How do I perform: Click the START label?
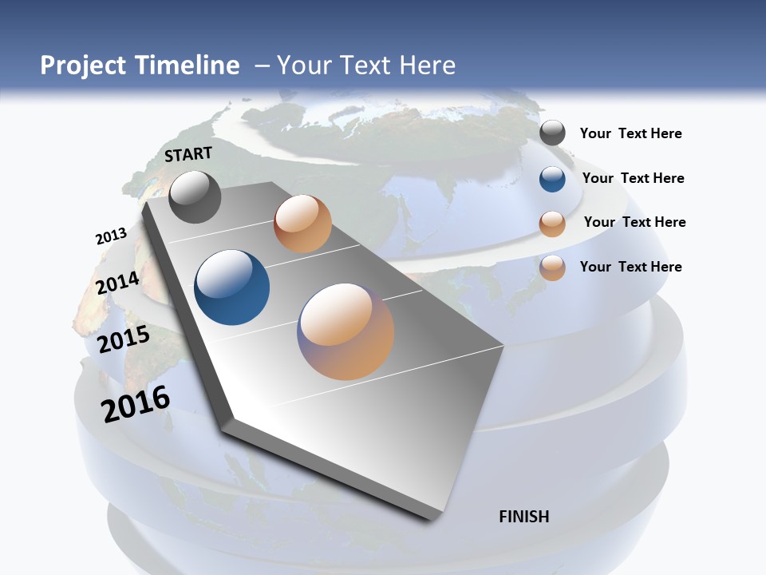(188, 154)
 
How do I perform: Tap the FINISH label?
(524, 517)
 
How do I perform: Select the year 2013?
(111, 236)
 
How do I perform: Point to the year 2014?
(117, 283)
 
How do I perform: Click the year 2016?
(136, 404)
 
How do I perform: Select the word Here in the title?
(424, 65)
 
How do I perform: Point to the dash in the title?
(261, 66)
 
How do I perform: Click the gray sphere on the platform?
(195, 196)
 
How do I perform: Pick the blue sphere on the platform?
(232, 287)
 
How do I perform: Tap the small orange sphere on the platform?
(302, 224)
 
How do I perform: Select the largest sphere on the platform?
(345, 331)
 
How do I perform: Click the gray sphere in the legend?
(552, 133)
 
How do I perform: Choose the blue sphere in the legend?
(552, 179)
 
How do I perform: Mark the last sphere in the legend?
(552, 268)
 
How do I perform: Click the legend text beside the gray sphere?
(630, 133)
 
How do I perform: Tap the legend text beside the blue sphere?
(633, 178)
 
